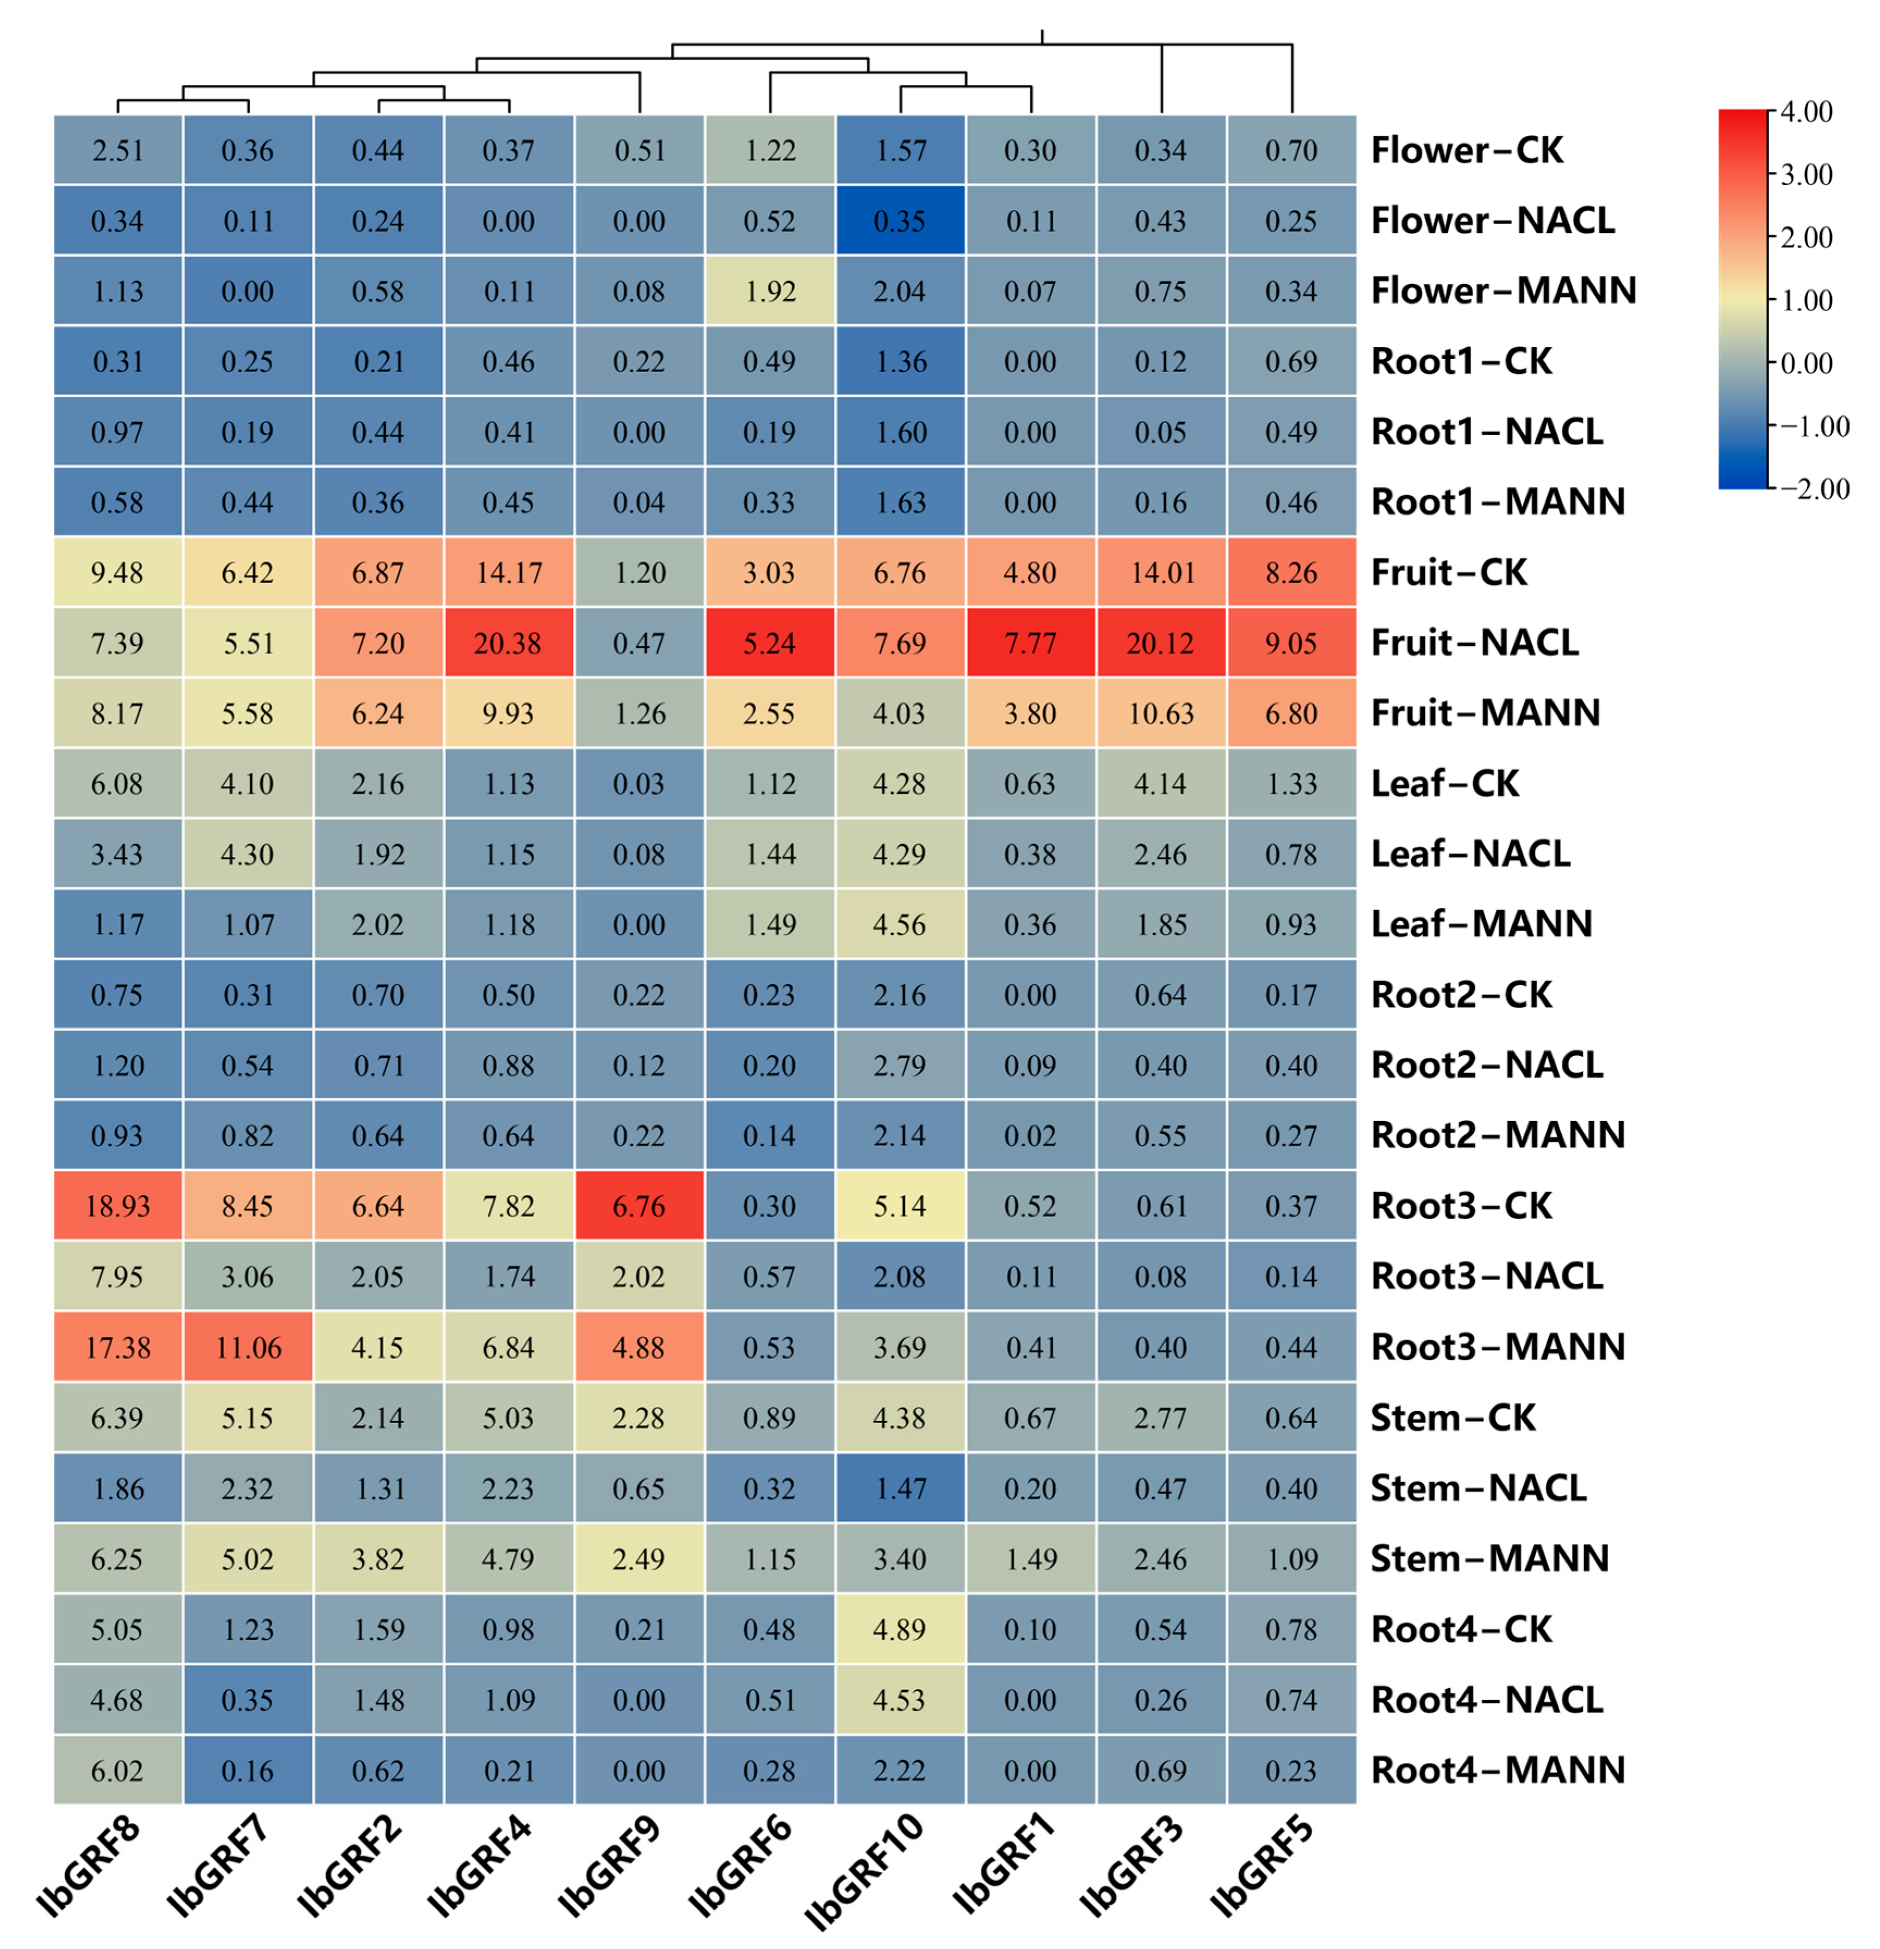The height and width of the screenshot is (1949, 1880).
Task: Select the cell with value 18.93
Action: [117, 1206]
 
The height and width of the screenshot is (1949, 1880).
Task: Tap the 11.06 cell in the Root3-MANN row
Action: [248, 1347]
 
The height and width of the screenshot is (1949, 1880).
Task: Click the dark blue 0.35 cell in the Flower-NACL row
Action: [900, 221]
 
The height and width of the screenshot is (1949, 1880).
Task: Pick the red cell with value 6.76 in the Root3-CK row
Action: [638, 1206]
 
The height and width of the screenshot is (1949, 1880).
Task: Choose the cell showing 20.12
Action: [1160, 644]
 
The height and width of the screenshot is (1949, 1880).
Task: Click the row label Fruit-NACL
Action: [1474, 642]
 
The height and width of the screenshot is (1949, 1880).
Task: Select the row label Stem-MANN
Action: [1488, 1558]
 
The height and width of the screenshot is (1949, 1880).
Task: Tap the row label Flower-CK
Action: [1467, 150]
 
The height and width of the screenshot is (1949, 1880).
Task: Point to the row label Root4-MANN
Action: [1497, 1770]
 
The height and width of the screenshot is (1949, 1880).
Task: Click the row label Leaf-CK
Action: [1444, 784]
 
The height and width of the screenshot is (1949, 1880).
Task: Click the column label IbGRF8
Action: [89, 1865]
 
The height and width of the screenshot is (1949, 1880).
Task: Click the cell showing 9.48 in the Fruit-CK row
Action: [117, 573]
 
